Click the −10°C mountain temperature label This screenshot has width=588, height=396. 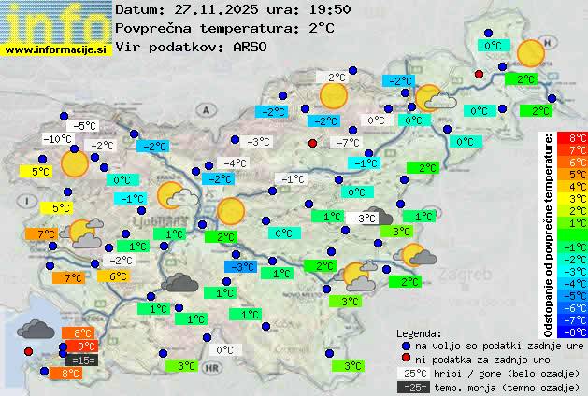coord(58,139)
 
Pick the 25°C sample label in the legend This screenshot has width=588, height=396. coord(412,373)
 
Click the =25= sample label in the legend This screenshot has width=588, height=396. coord(412,387)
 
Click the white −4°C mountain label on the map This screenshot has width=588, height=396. coord(235,163)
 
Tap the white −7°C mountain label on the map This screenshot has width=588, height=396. coord(347,143)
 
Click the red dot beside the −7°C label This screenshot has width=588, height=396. coord(313,143)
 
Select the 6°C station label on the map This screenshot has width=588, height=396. coord(118,276)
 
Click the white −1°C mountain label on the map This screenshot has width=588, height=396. coord(293,179)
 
